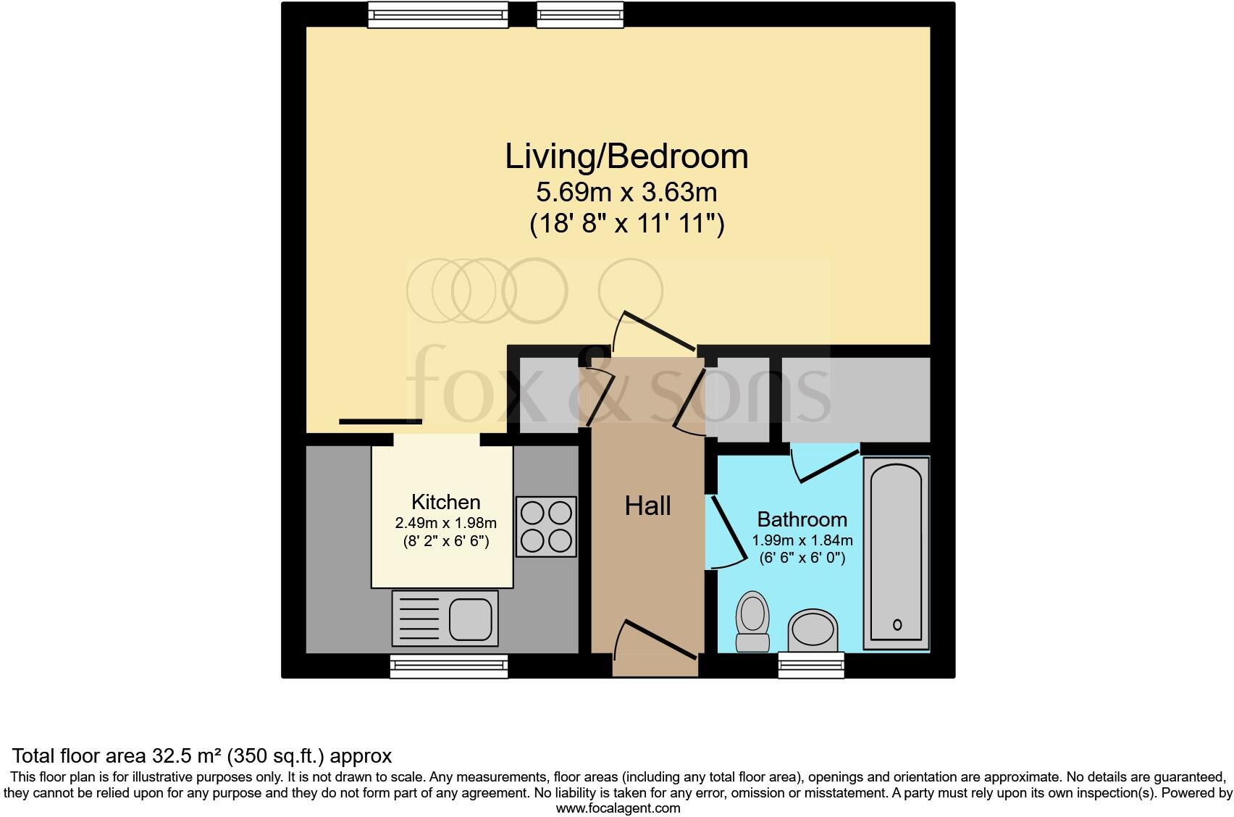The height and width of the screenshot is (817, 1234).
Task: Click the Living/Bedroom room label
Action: [626, 157]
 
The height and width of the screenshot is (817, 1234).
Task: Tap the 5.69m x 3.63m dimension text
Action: [626, 193]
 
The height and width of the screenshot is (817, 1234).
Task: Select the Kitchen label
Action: [445, 502]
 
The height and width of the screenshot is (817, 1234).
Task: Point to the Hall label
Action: [647, 506]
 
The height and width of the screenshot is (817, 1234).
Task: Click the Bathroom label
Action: [802, 519]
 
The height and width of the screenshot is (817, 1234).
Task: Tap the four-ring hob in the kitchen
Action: [546, 527]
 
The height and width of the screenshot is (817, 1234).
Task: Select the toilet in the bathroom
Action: [752, 621]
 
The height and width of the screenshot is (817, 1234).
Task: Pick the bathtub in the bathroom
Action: [897, 552]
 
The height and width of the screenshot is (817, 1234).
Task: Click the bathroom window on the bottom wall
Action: [811, 664]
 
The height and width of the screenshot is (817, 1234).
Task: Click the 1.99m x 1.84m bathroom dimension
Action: [802, 540]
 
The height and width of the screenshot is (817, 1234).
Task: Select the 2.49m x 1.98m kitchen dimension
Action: [445, 523]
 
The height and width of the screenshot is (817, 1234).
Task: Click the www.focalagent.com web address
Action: [618, 808]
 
